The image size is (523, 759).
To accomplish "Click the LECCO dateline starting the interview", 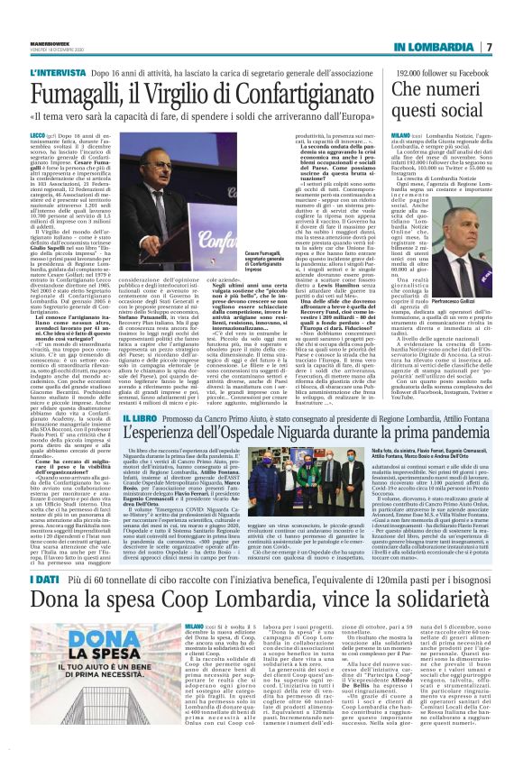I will tap(39, 132).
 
